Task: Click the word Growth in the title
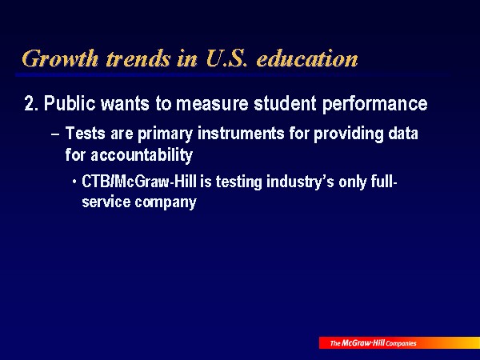point(60,58)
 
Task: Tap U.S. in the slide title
point(226,58)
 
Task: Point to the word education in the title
point(307,58)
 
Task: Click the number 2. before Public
point(31,103)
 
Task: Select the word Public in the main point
point(70,103)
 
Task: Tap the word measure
point(212,103)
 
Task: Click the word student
point(285,103)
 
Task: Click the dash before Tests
point(55,134)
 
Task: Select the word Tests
point(86,133)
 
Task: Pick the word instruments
point(241,133)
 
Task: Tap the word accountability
point(142,155)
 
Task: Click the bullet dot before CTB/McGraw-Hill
point(74,182)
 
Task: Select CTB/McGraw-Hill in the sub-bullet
point(139,182)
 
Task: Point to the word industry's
point(300,182)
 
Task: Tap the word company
point(166,202)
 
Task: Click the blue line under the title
point(233,74)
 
